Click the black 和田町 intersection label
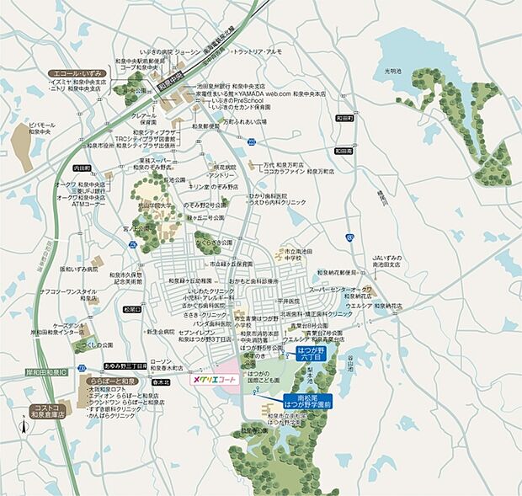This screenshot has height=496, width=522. click(343, 119)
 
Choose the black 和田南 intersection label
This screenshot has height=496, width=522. click(342, 151)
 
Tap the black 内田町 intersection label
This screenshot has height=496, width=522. click(82, 168)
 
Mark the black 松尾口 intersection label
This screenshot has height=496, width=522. click(132, 310)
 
